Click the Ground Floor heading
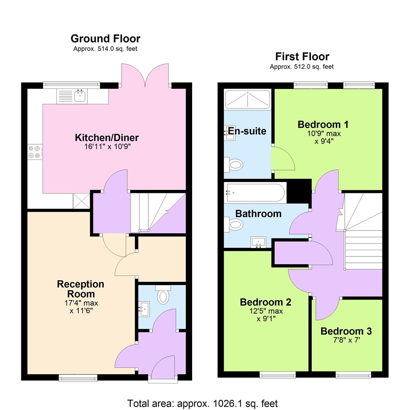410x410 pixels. pyautogui.click(x=105, y=39)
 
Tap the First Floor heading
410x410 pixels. pyautogui.click(x=302, y=57)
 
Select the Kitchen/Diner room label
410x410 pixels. pyautogui.click(x=107, y=137)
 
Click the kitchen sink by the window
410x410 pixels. pyautogui.click(x=80, y=96)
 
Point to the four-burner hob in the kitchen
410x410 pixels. pyautogui.click(x=34, y=152)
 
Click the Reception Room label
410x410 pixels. pyautogui.click(x=80, y=289)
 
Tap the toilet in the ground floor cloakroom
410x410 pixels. pyautogui.click(x=163, y=296)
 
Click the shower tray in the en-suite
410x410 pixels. pyautogui.click(x=247, y=99)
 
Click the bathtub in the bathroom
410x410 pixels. pyautogui.click(x=255, y=192)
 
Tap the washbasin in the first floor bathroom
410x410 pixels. pyautogui.click(x=258, y=241)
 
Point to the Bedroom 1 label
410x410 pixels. pyautogui.click(x=323, y=125)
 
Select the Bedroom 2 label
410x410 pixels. pyautogui.click(x=265, y=302)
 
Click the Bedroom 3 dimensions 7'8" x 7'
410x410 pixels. pyautogui.click(x=346, y=340)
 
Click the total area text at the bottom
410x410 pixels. pyautogui.click(x=202, y=403)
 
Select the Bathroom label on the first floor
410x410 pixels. pyautogui.click(x=258, y=214)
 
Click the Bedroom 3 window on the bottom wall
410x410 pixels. pyautogui.click(x=353, y=375)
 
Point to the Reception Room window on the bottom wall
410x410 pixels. pyautogui.click(x=78, y=377)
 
